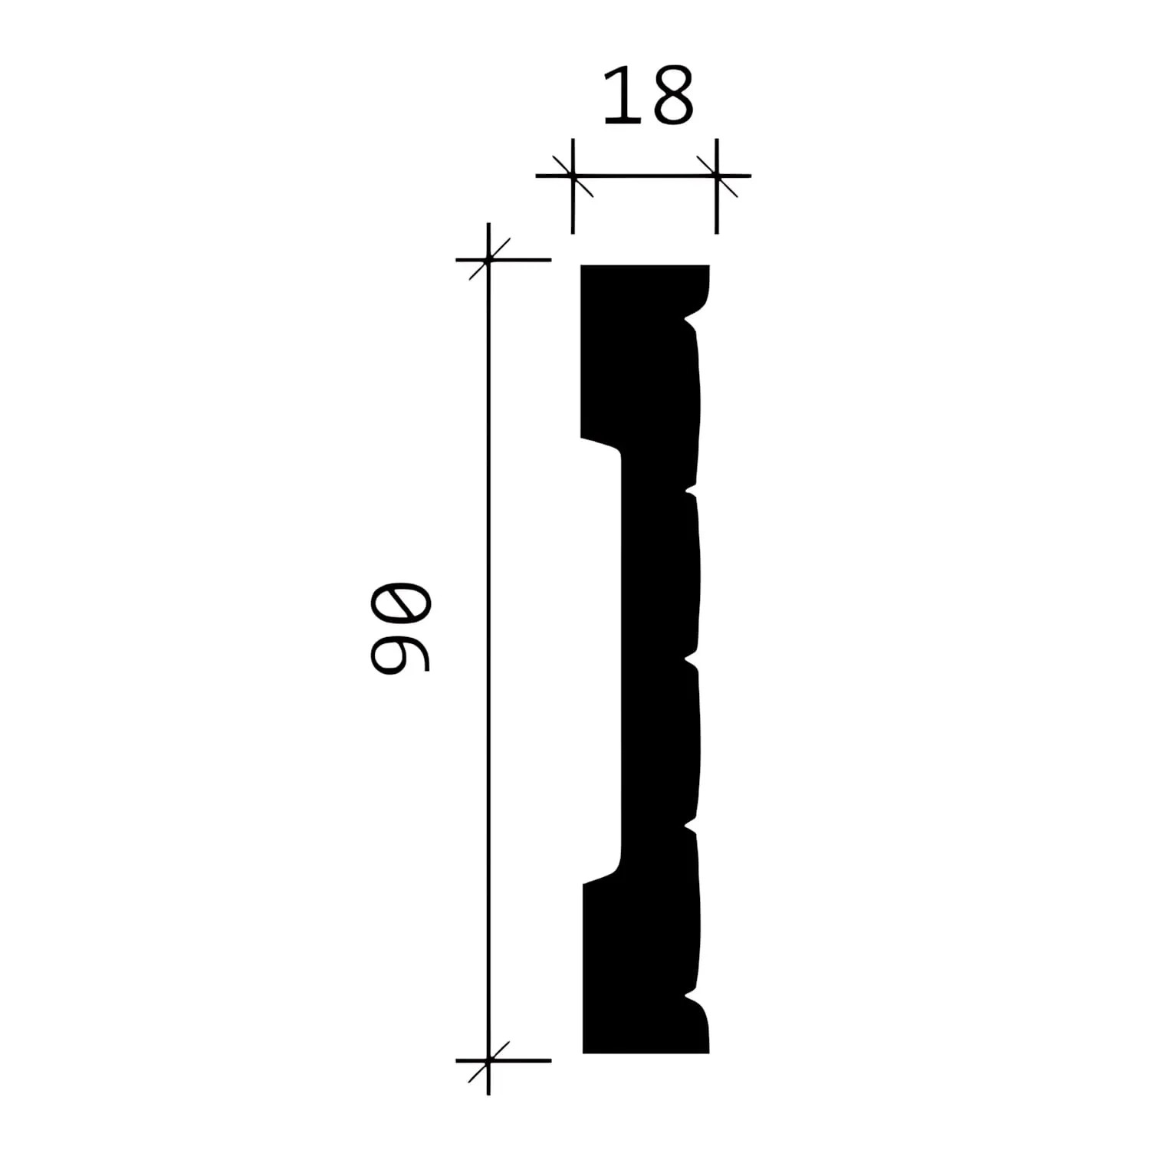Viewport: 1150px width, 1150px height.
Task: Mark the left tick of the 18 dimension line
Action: point(573,176)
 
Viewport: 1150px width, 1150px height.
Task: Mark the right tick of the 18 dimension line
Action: point(716,176)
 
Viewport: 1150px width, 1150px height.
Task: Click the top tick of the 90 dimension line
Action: point(488,260)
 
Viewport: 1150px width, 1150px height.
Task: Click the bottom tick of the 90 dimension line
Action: point(488,1060)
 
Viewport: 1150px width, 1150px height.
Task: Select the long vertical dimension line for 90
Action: point(488,659)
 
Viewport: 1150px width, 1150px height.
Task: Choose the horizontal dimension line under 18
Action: point(644,176)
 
